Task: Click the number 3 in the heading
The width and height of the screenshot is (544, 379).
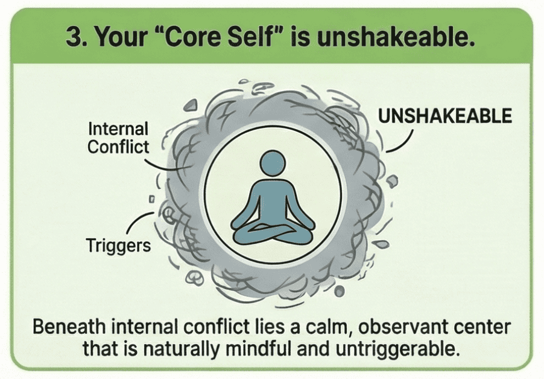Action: [x=73, y=36]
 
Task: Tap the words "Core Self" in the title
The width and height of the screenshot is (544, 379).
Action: [x=220, y=36]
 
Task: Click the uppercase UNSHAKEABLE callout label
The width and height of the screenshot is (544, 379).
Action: [x=445, y=116]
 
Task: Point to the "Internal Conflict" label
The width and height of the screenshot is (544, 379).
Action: [x=118, y=138]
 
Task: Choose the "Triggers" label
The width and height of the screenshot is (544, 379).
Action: [x=118, y=246]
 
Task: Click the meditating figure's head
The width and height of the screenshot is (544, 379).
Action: [x=273, y=163]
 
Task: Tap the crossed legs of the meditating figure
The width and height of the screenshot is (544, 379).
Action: [x=273, y=232]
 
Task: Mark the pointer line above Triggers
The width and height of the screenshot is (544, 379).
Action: [x=138, y=220]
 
